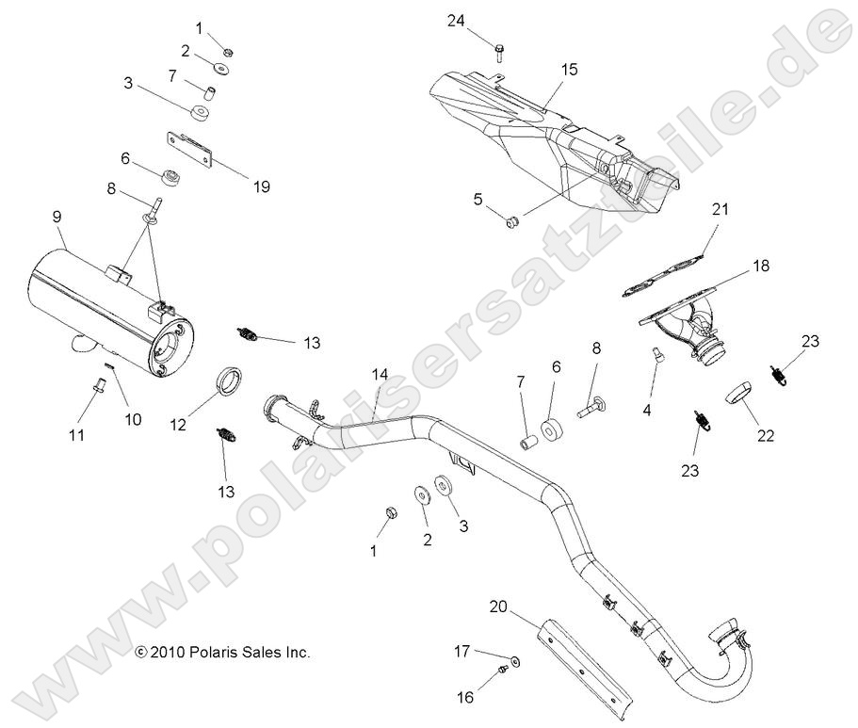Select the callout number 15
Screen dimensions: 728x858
[569, 70]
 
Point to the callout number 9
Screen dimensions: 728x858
[57, 217]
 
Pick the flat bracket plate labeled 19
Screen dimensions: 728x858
[192, 148]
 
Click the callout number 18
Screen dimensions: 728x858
[760, 267]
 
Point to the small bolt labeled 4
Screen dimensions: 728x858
[658, 356]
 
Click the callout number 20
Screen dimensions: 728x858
[499, 607]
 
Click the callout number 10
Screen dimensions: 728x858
[134, 419]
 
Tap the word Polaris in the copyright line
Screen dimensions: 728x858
[216, 651]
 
